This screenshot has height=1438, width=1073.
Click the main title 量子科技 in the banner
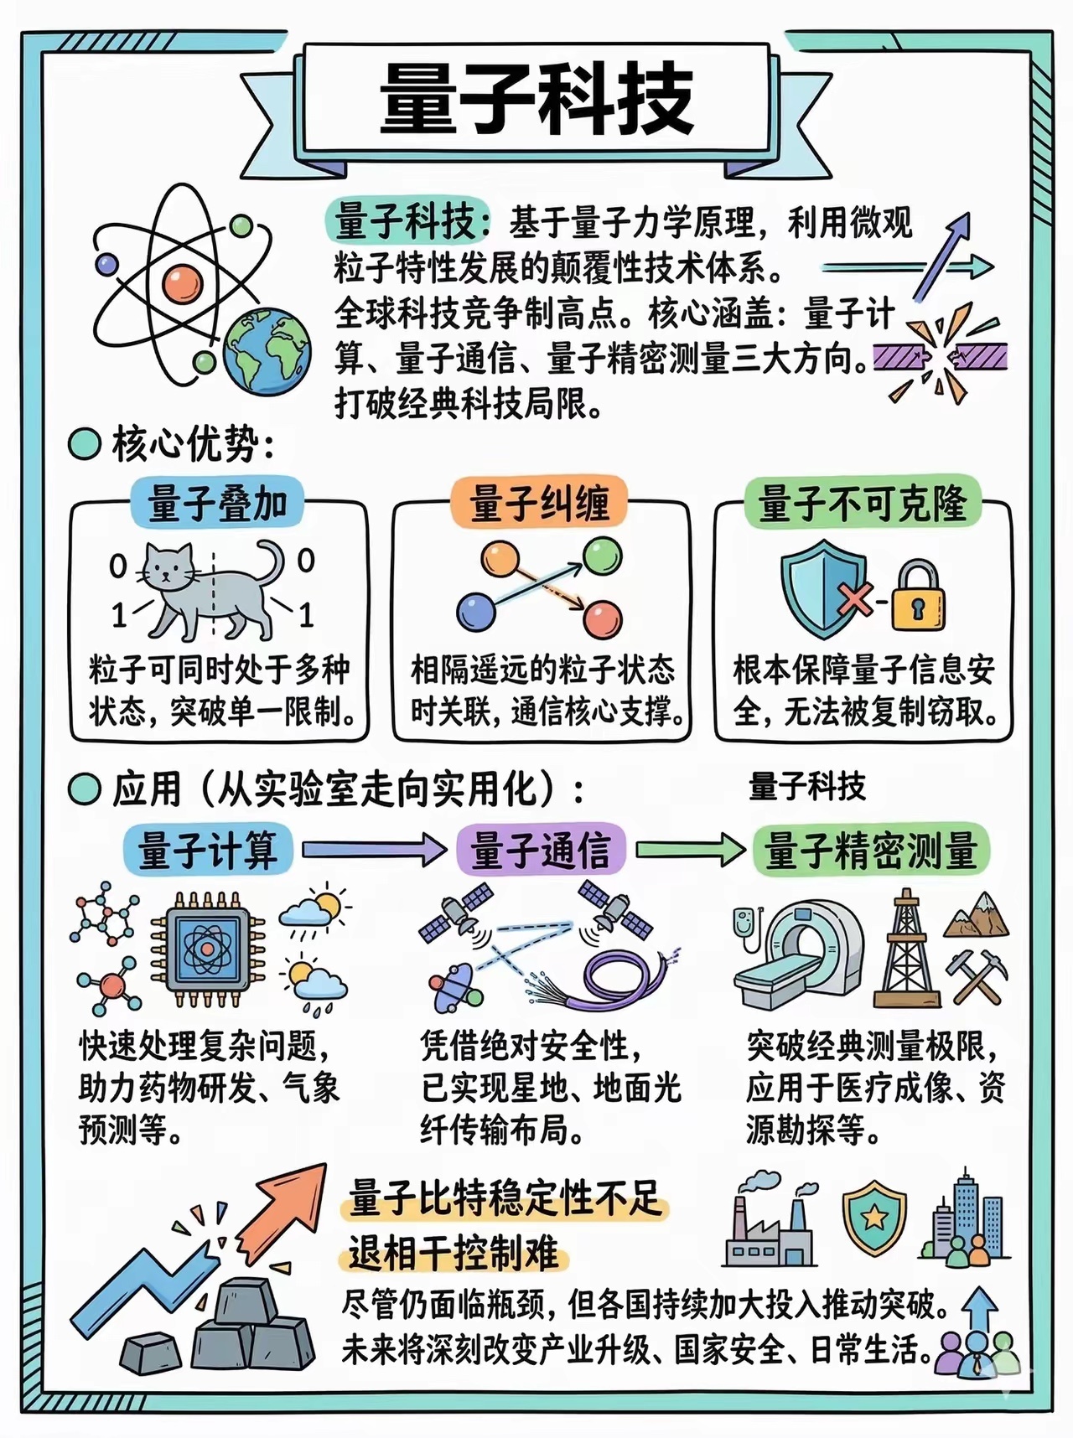click(x=536, y=99)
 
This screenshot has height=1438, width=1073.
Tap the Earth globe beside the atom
click(x=267, y=350)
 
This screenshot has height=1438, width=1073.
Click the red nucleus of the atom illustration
click(x=184, y=284)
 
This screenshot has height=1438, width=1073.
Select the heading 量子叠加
click(x=217, y=504)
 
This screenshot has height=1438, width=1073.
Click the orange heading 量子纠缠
click(x=539, y=503)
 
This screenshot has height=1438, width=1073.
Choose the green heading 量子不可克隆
click(x=863, y=503)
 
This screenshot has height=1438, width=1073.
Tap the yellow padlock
click(x=917, y=597)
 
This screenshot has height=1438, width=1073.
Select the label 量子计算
click(x=208, y=850)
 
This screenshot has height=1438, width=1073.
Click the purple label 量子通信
click(x=541, y=850)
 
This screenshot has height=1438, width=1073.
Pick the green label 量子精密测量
click(x=871, y=850)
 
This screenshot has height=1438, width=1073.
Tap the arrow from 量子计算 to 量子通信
click(x=374, y=850)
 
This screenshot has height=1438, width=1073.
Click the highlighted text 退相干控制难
click(x=454, y=1254)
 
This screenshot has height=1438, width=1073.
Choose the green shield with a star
click(x=874, y=1217)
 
